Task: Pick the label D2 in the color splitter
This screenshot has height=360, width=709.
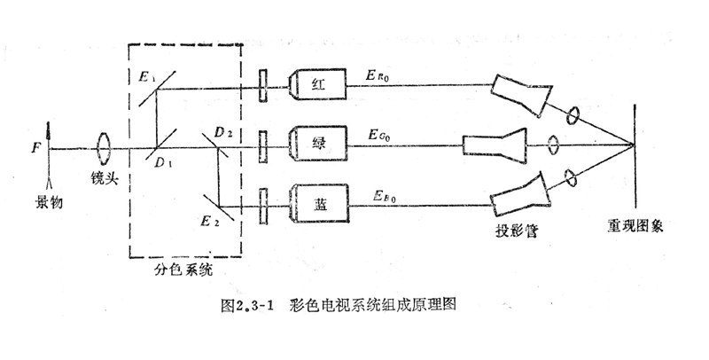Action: pos(222,132)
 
